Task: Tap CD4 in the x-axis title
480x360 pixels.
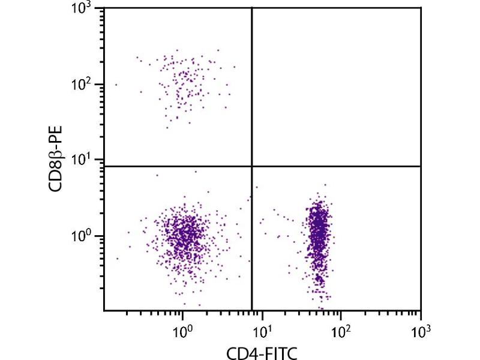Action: pos(239,353)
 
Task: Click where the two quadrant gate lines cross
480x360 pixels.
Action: pos(251,166)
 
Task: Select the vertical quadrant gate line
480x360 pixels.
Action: pos(251,90)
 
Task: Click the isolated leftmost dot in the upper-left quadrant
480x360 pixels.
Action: pos(116,85)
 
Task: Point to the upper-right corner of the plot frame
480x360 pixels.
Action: pos(421,8)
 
